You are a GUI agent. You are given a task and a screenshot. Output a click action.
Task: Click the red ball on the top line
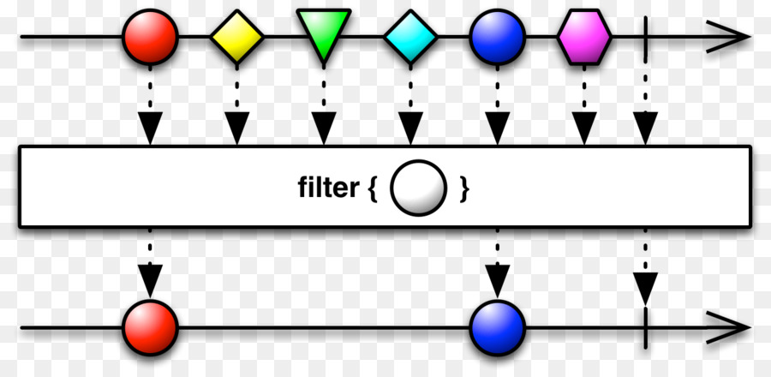click(151, 38)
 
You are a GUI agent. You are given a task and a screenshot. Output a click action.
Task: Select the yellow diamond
click(237, 38)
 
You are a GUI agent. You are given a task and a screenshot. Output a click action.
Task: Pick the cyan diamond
click(410, 38)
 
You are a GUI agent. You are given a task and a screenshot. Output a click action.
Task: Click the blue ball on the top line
click(497, 38)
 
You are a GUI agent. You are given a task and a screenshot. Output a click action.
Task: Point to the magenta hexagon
click(584, 38)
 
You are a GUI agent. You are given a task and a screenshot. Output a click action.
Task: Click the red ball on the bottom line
click(151, 327)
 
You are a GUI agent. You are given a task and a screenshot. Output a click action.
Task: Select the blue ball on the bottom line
click(497, 327)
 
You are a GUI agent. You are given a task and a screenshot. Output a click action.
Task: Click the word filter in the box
click(329, 188)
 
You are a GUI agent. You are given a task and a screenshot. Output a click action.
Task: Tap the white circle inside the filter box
click(419, 188)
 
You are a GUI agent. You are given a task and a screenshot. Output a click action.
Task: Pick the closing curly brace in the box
click(463, 188)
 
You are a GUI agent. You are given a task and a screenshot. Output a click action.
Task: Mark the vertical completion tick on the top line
click(643, 38)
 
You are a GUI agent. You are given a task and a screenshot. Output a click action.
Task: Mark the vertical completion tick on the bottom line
click(643, 327)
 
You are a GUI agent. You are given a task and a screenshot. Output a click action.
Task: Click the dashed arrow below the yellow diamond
click(237, 111)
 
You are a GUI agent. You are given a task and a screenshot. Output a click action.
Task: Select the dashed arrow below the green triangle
click(324, 111)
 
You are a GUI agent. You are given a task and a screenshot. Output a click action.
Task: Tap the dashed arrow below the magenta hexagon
click(584, 111)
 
